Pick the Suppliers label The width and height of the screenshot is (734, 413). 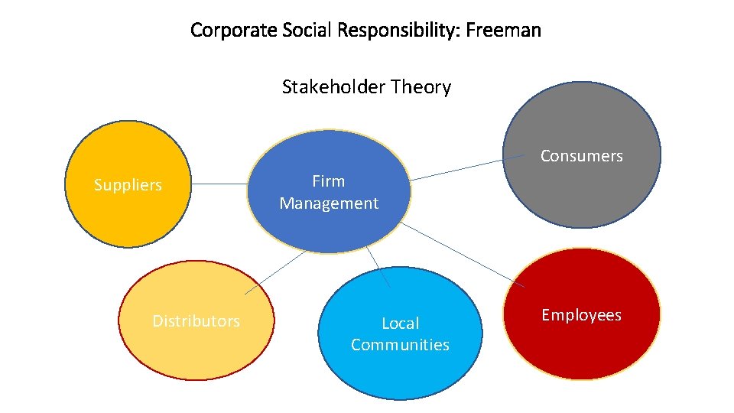pos(128,185)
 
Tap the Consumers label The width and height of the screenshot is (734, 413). pos(581,156)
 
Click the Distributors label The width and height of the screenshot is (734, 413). pos(196,321)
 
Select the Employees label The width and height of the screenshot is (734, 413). pos(581,315)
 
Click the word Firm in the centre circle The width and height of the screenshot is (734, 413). pos(329,181)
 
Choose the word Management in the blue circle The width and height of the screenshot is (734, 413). pos(329,203)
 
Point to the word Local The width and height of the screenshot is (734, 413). pos(400,324)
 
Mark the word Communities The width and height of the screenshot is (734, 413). pos(400,345)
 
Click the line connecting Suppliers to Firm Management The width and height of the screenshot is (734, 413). pos(219,184)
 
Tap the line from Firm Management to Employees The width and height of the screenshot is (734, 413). pos(463,255)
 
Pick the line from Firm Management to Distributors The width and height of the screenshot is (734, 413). pos(275,272)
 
